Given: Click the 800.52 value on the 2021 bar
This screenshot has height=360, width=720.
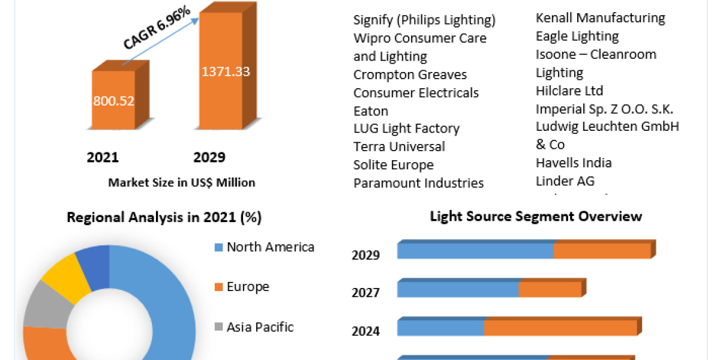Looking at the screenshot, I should pyautogui.click(x=113, y=100).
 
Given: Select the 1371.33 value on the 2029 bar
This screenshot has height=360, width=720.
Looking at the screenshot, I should pyautogui.click(x=225, y=71).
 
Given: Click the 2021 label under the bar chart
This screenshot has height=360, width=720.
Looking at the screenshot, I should pyautogui.click(x=103, y=157).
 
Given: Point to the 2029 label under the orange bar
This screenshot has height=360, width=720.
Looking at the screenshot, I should pyautogui.click(x=209, y=157).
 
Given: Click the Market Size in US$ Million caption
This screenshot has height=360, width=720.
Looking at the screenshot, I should pyautogui.click(x=182, y=182).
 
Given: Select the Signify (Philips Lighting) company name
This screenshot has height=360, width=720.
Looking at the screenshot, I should pyautogui.click(x=424, y=20).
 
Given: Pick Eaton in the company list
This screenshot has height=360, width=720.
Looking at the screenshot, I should pyautogui.click(x=371, y=111).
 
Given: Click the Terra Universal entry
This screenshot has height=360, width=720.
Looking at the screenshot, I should pyautogui.click(x=399, y=146).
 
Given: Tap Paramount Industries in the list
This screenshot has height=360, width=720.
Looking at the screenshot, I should pyautogui.click(x=418, y=183).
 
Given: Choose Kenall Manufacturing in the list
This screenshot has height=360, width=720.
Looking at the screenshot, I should pyautogui.click(x=600, y=18).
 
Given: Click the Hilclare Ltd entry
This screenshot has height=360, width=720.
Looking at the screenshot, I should pyautogui.click(x=569, y=91).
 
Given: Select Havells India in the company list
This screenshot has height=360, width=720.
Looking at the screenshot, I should pyautogui.click(x=574, y=163).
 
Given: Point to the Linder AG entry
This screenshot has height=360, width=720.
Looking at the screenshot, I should pyautogui.click(x=565, y=181).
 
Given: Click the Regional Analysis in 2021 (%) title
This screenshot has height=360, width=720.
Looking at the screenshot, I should pyautogui.click(x=164, y=217).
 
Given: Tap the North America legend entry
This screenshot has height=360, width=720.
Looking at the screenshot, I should pyautogui.click(x=270, y=247).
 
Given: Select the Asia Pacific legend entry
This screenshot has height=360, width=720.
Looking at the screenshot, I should pyautogui.click(x=260, y=327).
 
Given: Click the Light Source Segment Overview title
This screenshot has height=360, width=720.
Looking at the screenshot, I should pyautogui.click(x=536, y=216).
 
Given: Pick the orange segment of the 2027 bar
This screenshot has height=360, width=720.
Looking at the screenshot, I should pyautogui.click(x=550, y=289).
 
